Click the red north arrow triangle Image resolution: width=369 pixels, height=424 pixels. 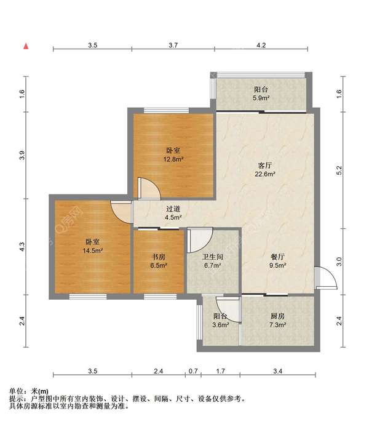[26, 47]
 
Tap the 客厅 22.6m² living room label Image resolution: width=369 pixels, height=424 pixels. [265, 170]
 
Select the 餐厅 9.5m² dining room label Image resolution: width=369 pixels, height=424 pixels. [277, 261]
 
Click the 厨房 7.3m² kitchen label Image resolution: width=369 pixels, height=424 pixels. [277, 321]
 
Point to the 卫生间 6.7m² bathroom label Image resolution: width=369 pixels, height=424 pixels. [213, 261]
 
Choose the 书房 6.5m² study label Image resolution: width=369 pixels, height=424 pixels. [159, 261]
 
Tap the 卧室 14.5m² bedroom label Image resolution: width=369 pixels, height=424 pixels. [92, 246]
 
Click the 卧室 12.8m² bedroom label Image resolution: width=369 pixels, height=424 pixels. [173, 154]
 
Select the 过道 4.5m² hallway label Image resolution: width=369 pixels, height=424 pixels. [173, 213]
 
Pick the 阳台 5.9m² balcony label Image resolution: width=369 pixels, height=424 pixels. [261, 94]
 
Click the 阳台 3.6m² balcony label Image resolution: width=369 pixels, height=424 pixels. [221, 321]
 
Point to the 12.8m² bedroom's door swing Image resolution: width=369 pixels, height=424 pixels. [149, 188]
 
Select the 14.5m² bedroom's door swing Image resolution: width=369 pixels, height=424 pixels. [121, 212]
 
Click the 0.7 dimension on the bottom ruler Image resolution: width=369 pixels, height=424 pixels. [193, 371]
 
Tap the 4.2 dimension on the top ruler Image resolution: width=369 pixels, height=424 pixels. [261, 45]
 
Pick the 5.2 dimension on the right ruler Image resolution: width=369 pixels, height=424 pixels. [339, 170]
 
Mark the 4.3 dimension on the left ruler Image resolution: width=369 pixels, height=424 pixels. [22, 247]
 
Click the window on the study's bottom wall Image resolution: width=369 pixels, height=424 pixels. [160, 297]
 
